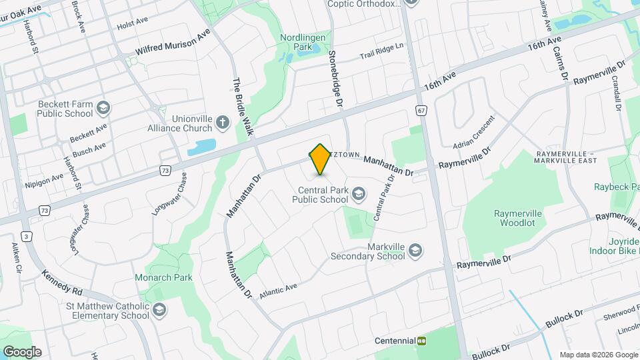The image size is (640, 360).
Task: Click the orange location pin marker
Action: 320,159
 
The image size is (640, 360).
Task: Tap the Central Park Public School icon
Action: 359,194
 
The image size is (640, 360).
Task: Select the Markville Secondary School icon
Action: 415,250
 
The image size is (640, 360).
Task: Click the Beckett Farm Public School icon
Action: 103,108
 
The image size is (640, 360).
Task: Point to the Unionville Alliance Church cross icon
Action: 223,123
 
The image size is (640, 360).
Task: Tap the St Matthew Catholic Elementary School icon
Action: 160,310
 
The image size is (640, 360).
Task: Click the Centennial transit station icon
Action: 421,340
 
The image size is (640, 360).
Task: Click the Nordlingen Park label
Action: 305,43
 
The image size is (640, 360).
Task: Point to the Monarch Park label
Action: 163,277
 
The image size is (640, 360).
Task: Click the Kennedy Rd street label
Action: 61,282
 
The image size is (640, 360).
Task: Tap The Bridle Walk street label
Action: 243,107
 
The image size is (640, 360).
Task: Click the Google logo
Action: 22,352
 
